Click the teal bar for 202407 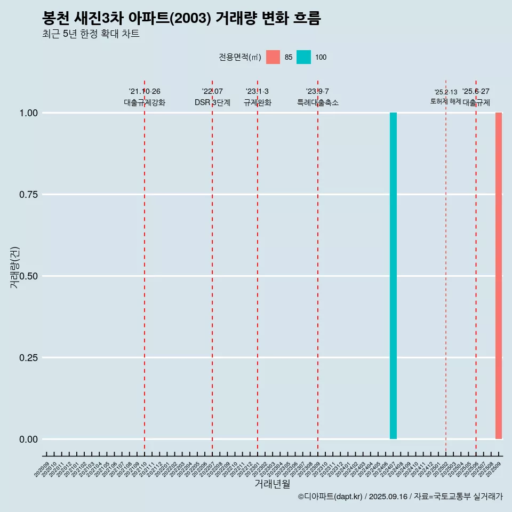(393, 276)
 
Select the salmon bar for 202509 (499, 276)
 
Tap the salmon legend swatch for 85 (273, 57)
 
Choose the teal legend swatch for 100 (303, 57)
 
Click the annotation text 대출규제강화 (145, 102)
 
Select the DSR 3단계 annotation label (212, 102)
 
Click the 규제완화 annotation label (258, 102)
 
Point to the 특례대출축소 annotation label (318, 102)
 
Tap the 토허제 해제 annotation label (445, 101)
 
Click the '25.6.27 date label (476, 92)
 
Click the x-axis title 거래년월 (273, 484)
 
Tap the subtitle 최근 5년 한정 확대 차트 (91, 34)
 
